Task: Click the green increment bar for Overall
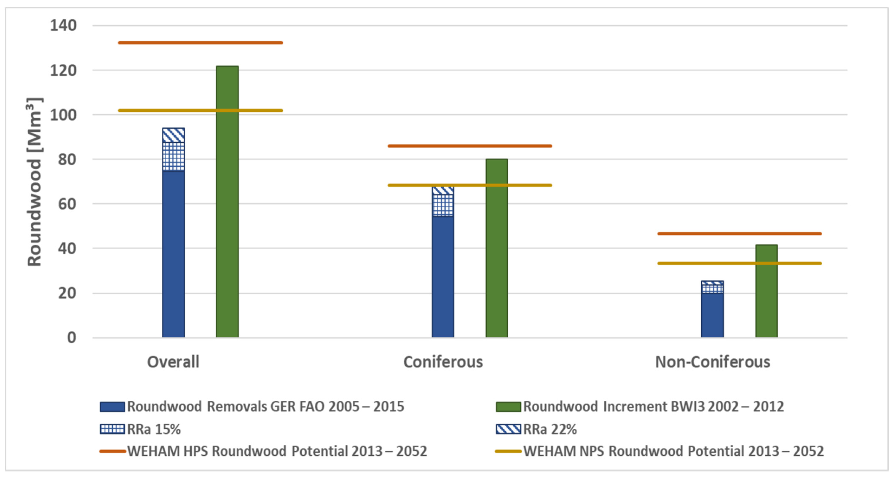coord(227,202)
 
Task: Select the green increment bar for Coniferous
coord(496,248)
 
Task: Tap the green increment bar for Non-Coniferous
coord(766,291)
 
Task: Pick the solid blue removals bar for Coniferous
coord(443,277)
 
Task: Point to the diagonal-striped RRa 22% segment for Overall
coord(173,135)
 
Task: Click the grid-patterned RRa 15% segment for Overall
coord(173,156)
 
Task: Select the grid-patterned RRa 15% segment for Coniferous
coord(443,205)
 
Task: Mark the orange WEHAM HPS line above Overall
coord(200,43)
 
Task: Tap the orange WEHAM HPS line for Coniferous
coord(470,146)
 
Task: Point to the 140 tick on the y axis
coord(63,25)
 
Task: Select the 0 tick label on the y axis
coord(72,338)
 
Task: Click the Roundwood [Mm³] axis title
coord(34,182)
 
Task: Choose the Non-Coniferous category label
coord(713,362)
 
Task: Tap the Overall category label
coord(173,362)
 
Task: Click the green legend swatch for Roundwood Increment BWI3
coord(508,407)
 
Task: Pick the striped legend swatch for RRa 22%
coord(508,429)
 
